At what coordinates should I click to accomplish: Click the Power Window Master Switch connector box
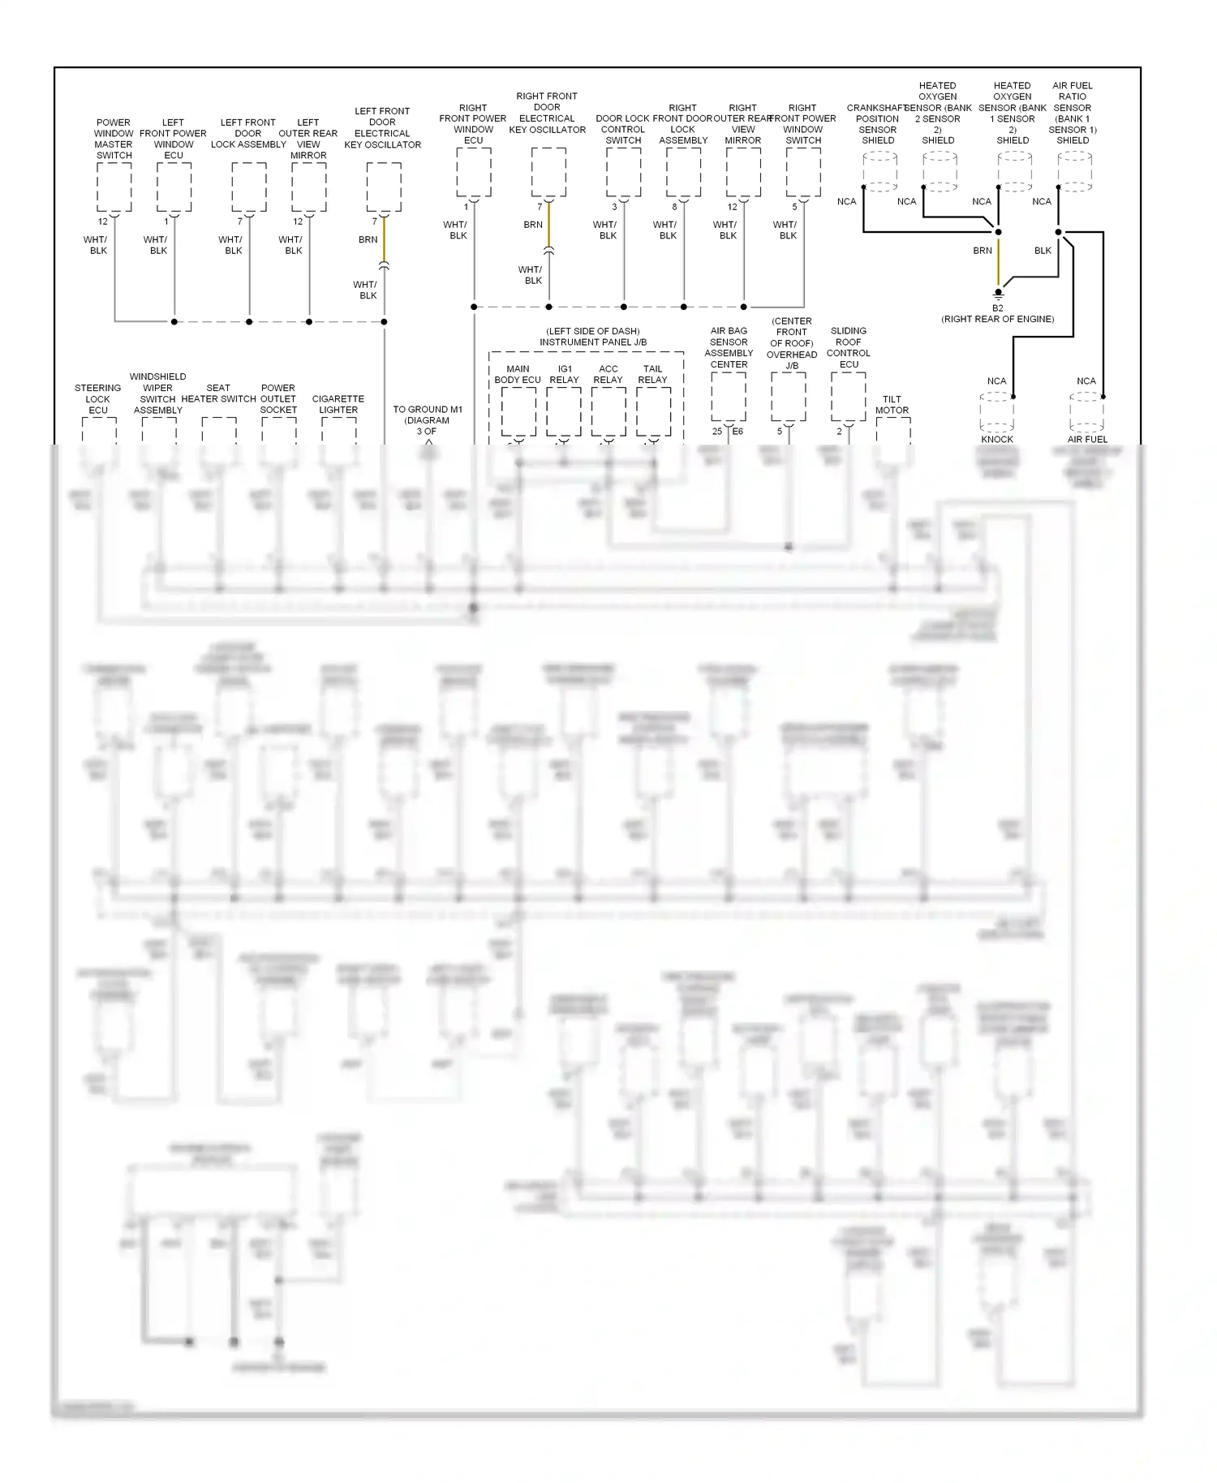[114, 187]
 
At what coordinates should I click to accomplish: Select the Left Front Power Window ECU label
[173, 139]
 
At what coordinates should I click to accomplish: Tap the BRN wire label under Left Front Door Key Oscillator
[368, 239]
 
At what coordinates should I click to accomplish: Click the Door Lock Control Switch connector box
[623, 172]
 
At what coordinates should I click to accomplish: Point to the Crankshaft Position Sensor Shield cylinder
[879, 170]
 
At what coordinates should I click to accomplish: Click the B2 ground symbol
[998, 293]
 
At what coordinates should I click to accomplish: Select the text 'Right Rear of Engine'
[998, 319]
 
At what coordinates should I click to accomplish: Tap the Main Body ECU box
[518, 411]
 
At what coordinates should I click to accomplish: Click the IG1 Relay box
[564, 411]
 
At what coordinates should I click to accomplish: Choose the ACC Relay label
[608, 374]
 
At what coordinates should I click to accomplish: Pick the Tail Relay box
[653, 411]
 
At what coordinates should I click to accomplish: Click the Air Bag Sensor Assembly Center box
[728, 398]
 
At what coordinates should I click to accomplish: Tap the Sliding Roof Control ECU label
[849, 347]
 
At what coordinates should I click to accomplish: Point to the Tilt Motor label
[892, 404]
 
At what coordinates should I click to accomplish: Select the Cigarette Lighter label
[338, 404]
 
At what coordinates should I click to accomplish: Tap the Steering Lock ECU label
[98, 398]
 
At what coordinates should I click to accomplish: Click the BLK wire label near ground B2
[1043, 251]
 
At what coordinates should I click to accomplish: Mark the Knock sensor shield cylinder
[996, 411]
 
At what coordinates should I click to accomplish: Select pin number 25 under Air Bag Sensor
[716, 431]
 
